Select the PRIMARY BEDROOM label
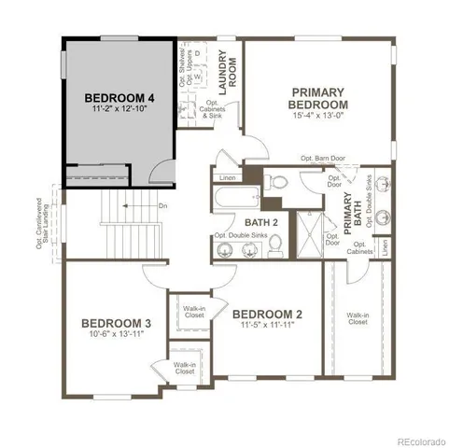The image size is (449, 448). click(318, 98)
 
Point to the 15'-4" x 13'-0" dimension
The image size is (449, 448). click(318, 117)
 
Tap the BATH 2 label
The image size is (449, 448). click(262, 223)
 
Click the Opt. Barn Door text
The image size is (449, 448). click(323, 159)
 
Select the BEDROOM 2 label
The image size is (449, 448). click(267, 315)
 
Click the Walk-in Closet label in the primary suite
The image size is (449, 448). click(358, 319)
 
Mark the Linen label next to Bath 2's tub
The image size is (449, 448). click(228, 176)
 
